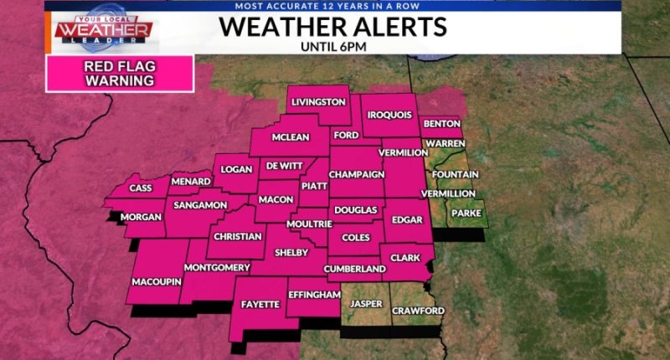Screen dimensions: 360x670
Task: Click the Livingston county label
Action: click(318, 102)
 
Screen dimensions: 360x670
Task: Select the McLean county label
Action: click(291, 138)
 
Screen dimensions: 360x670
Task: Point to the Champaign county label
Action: click(356, 174)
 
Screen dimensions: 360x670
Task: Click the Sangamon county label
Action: click(201, 205)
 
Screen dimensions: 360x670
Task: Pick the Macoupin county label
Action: click(156, 281)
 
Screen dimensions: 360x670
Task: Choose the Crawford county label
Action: click(417, 311)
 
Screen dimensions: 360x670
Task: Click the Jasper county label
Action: click(366, 303)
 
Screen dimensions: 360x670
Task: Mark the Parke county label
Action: click(466, 213)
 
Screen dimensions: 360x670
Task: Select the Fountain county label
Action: click(456, 174)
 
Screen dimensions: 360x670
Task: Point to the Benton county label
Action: click(441, 124)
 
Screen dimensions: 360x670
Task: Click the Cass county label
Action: click(141, 188)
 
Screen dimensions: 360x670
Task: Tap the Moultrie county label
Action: click(310, 224)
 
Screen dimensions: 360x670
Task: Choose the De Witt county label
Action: click(284, 166)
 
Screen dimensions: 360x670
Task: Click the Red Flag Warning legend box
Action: click(120, 74)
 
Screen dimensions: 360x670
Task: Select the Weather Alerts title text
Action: click(333, 27)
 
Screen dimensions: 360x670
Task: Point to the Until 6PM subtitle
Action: click(333, 46)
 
